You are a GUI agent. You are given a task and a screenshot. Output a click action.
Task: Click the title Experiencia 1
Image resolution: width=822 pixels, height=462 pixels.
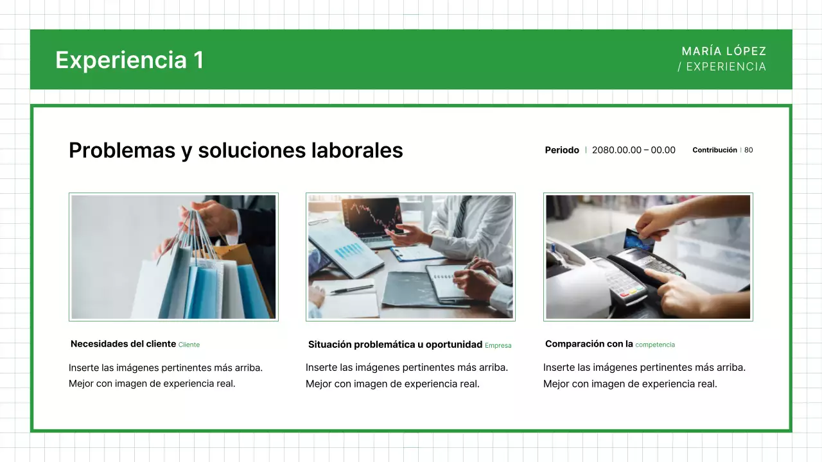[129, 60]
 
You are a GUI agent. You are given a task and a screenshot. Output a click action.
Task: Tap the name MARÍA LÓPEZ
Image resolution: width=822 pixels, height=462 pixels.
[724, 51]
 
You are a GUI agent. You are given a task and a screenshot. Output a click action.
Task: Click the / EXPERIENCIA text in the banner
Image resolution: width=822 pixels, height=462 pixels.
[722, 67]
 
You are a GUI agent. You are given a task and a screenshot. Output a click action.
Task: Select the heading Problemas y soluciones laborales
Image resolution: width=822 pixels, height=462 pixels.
[236, 150]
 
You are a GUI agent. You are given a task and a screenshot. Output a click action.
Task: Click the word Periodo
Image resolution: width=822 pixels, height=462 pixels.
[562, 150]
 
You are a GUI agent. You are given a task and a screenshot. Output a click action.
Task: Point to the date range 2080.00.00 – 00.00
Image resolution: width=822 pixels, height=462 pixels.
[633, 150]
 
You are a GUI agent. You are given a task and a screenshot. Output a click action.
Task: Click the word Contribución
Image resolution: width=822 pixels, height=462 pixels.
[714, 150]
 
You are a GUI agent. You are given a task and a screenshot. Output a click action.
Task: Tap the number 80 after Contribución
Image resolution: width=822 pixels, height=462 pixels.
[749, 150]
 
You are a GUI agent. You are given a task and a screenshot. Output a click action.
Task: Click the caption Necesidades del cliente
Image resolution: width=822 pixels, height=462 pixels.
[123, 344]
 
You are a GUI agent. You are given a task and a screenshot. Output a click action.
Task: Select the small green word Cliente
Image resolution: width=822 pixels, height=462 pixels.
[189, 345]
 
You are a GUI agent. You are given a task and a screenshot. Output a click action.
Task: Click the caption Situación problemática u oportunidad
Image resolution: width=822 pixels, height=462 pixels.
[395, 345]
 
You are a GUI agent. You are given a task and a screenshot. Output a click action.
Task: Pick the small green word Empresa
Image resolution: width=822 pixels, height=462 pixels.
[498, 345]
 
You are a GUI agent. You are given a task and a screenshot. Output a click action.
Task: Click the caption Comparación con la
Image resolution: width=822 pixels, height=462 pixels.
[589, 344]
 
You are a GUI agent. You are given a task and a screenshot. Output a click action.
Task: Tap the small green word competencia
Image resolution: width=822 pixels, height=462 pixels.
[655, 345]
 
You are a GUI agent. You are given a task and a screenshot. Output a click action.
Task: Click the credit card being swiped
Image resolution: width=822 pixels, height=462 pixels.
[639, 240]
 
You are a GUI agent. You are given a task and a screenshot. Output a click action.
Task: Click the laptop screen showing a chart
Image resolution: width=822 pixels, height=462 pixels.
[371, 216]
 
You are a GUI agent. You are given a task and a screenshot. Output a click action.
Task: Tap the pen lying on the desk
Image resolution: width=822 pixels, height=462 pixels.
[351, 289]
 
